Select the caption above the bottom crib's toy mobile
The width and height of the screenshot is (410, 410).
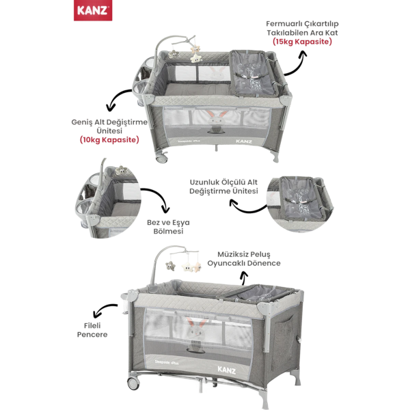(x=249, y=257)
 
